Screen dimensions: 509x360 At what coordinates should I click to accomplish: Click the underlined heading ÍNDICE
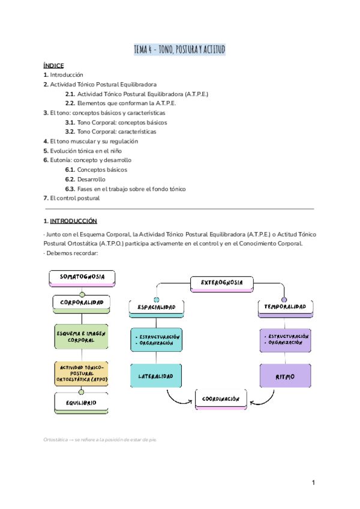(x=53, y=65)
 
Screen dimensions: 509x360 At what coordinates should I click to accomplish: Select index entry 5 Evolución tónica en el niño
(x=81, y=151)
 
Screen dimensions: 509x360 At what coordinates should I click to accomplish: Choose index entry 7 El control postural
(x=71, y=198)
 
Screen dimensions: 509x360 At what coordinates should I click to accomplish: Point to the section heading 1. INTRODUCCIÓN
(x=70, y=221)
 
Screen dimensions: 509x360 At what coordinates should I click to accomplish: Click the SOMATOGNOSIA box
(x=82, y=277)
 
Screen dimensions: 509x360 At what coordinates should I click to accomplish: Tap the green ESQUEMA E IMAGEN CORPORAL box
(x=82, y=336)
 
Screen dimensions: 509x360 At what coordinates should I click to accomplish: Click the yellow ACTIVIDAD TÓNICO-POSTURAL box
(x=82, y=374)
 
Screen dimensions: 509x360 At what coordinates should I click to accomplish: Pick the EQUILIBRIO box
(x=82, y=403)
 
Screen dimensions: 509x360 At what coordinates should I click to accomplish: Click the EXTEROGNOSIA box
(x=222, y=282)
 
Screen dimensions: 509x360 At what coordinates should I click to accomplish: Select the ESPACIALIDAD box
(x=156, y=308)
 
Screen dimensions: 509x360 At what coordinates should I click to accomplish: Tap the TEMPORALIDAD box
(x=285, y=307)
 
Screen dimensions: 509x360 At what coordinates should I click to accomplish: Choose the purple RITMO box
(x=285, y=376)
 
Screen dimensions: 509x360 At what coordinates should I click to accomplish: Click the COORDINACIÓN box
(x=220, y=399)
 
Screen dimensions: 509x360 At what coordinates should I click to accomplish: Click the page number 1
(x=313, y=482)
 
